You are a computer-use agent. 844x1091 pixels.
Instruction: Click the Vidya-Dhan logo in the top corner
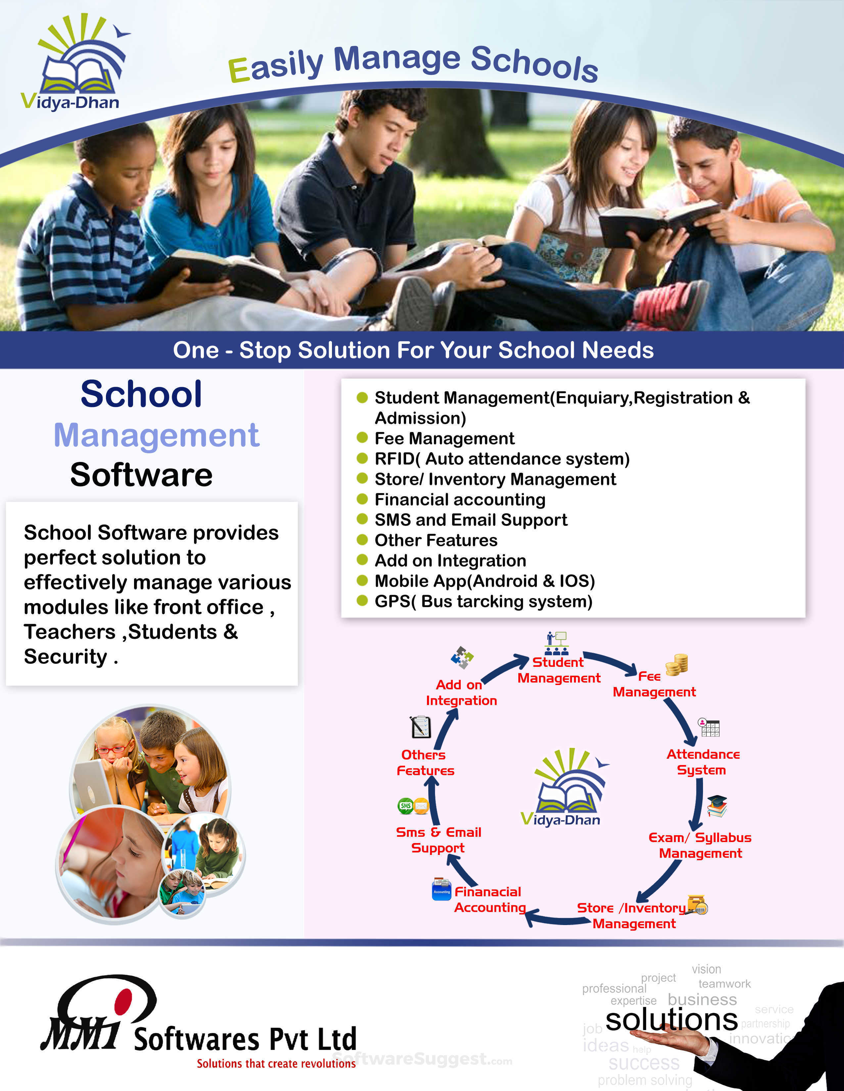pyautogui.click(x=75, y=62)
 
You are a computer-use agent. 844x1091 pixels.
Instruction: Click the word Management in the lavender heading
pyautogui.click(x=157, y=435)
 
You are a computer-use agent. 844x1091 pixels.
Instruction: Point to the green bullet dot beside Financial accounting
pyautogui.click(x=362, y=499)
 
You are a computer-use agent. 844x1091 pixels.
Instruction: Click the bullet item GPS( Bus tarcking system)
pyautogui.click(x=483, y=601)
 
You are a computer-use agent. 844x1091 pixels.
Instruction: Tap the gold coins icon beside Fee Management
pyautogui.click(x=677, y=665)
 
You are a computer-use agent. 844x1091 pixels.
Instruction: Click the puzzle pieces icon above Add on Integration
pyautogui.click(x=462, y=657)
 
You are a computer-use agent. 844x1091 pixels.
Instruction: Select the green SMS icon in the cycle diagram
pyautogui.click(x=405, y=806)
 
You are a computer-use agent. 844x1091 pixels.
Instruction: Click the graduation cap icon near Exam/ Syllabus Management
pyautogui.click(x=717, y=806)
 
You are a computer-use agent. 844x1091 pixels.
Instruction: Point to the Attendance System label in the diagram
pyautogui.click(x=702, y=762)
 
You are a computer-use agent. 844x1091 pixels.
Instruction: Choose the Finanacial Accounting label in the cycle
pyautogui.click(x=489, y=900)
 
